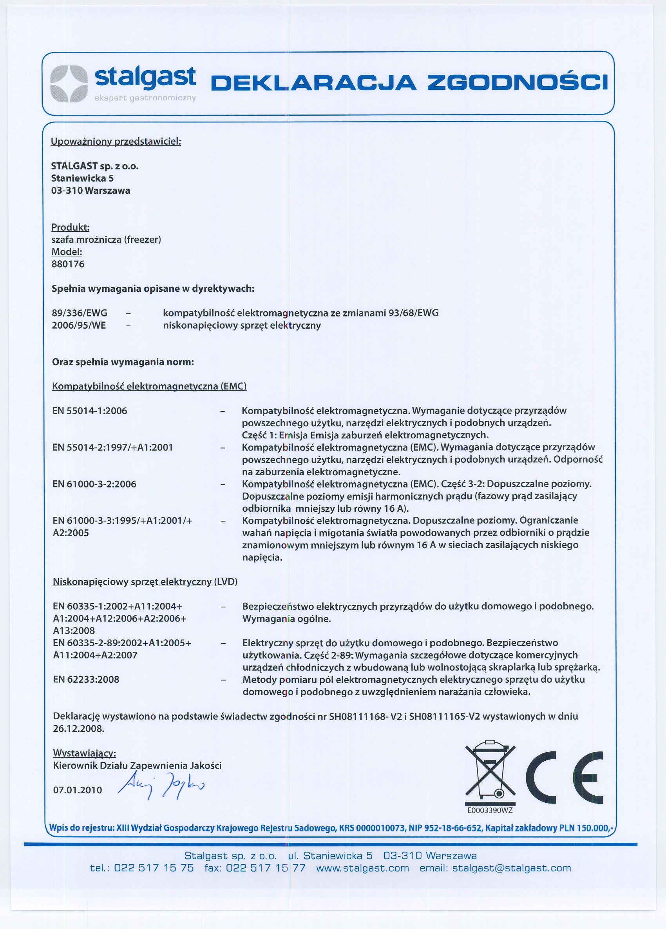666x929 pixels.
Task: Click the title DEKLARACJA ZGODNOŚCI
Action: (409, 82)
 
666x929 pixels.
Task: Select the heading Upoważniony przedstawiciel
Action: (116, 142)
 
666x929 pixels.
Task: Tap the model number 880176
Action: (68, 264)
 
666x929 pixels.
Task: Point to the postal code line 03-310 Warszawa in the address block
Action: (90, 191)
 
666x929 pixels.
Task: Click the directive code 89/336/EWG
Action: (80, 313)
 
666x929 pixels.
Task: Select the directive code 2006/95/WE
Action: (78, 325)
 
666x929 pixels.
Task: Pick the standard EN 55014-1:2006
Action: (90, 411)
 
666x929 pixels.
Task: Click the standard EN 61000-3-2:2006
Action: (94, 484)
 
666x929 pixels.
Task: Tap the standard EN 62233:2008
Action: (86, 680)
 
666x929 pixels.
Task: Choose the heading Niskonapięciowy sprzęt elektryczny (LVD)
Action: (145, 582)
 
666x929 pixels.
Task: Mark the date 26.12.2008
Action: (78, 729)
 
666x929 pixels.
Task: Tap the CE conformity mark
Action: (565, 778)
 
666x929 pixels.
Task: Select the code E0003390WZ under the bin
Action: (490, 810)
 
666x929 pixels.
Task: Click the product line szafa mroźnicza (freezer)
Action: (106, 240)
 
